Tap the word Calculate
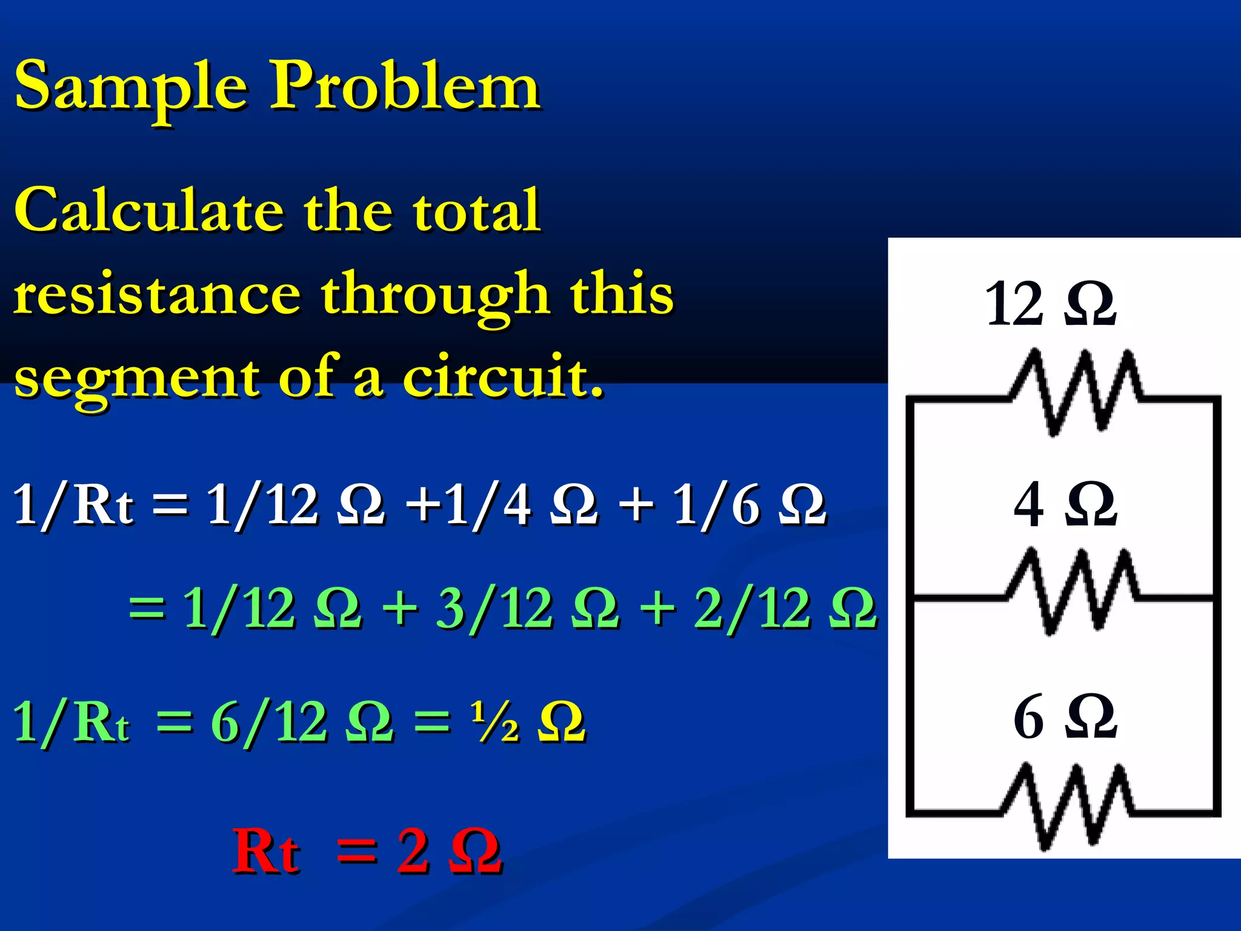point(148,210)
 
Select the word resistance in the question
point(156,295)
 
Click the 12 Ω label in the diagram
point(1050,304)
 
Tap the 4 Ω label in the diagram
point(1065,504)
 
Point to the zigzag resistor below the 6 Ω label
point(1065,806)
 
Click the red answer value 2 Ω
point(449,852)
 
